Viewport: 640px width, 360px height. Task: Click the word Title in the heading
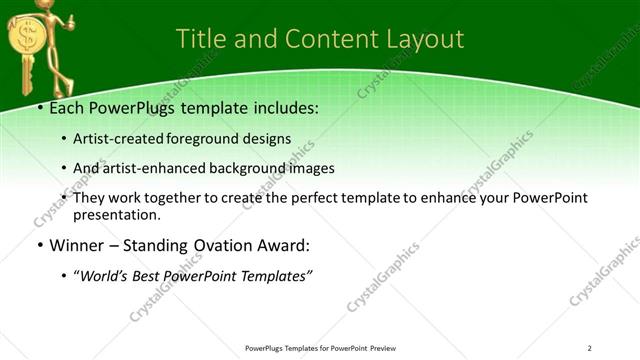click(200, 39)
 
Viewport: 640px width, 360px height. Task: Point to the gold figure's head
click(40, 10)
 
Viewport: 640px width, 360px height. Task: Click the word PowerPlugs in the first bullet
click(127, 108)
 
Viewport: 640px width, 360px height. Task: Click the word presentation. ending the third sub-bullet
click(117, 214)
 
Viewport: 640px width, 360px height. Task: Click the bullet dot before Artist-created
click(65, 139)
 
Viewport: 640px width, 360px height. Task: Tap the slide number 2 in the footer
click(590, 347)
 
